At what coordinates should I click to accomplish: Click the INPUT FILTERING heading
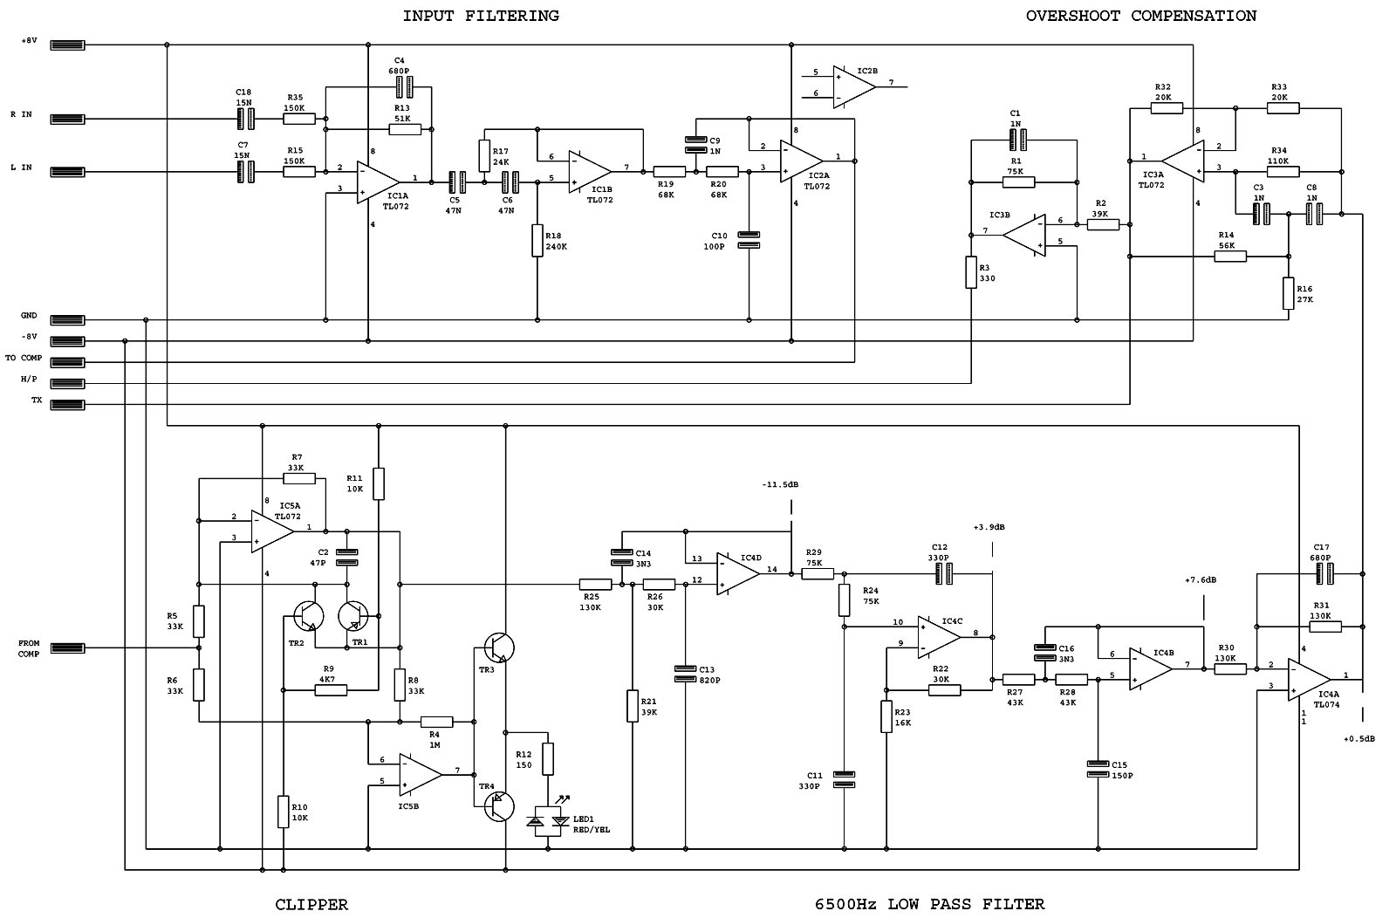[480, 16]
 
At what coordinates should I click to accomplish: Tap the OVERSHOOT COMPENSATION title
[1140, 16]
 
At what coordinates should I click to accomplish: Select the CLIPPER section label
[311, 904]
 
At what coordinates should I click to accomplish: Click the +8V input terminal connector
[67, 45]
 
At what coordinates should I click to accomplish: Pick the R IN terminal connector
[67, 119]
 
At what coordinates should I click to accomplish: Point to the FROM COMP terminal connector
[67, 648]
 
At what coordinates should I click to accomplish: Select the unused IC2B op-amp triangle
[853, 86]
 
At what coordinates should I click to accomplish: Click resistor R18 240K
[537, 241]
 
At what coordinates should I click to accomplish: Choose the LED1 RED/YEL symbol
[549, 820]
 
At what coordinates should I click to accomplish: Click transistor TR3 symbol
[499, 647]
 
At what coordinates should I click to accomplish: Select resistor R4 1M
[436, 722]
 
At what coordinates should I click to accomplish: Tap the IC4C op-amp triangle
[938, 636]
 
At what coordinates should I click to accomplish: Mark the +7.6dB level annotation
[1201, 580]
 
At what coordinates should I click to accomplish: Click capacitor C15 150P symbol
[1098, 769]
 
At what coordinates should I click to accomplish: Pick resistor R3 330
[971, 272]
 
